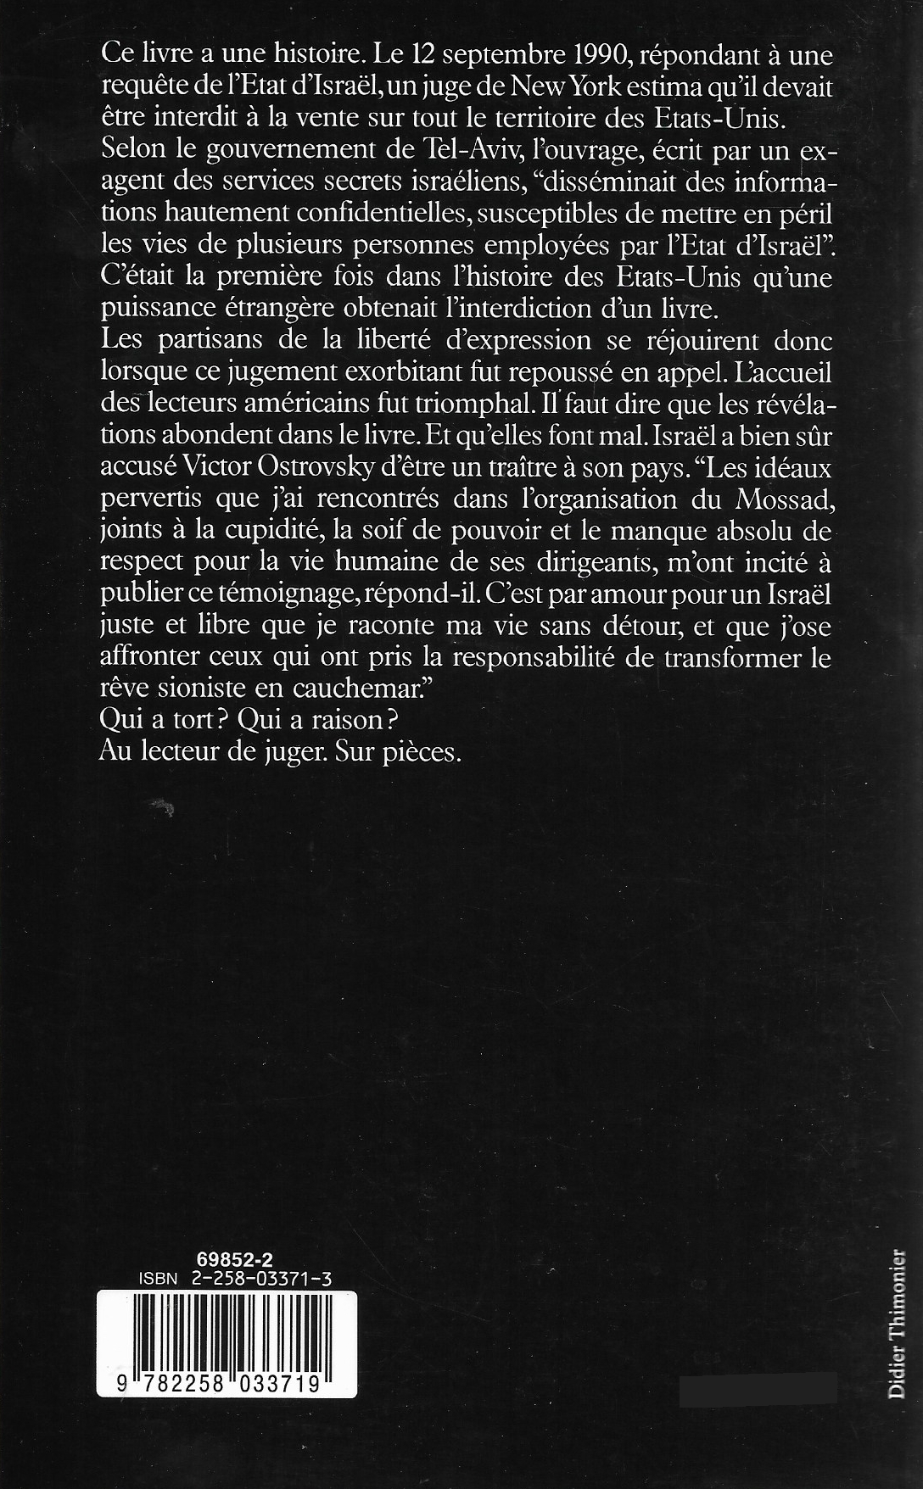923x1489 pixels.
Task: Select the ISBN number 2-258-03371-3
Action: (255, 1280)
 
